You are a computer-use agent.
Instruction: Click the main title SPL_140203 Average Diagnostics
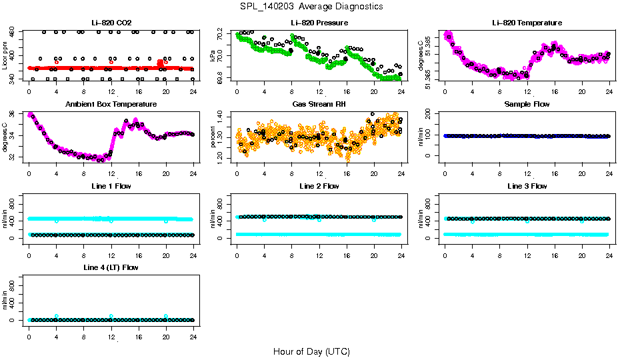pyautogui.click(x=312, y=6)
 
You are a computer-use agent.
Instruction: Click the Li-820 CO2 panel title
pyautogui.click(x=111, y=23)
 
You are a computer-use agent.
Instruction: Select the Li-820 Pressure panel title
pyautogui.click(x=319, y=23)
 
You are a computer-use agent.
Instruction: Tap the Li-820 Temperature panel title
pyautogui.click(x=527, y=23)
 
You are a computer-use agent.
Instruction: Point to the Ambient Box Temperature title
pyautogui.click(x=111, y=105)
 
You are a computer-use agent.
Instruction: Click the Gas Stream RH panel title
pyautogui.click(x=319, y=105)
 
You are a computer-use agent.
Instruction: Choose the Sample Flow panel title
pyautogui.click(x=527, y=105)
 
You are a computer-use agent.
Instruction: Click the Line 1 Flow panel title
pyautogui.click(x=111, y=186)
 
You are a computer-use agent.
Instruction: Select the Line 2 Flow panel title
pyautogui.click(x=319, y=186)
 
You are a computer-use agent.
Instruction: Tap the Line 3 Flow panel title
pyautogui.click(x=527, y=186)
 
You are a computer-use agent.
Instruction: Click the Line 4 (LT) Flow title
pyautogui.click(x=111, y=267)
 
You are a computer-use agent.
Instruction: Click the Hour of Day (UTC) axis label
pyautogui.click(x=311, y=351)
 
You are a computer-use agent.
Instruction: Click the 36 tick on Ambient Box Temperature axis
pyautogui.click(x=13, y=115)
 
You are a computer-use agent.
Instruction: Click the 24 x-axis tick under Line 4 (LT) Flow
pyautogui.click(x=193, y=331)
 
